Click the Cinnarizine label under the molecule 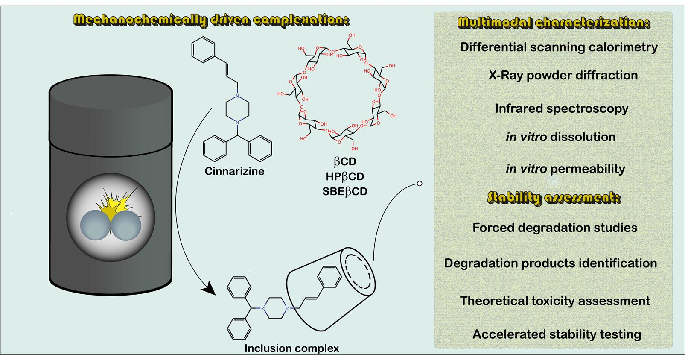[234, 171]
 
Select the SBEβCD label [344, 191]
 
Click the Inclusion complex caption [291, 348]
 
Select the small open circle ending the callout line [419, 184]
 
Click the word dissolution [583, 137]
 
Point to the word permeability [587, 169]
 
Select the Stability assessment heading [554, 198]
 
